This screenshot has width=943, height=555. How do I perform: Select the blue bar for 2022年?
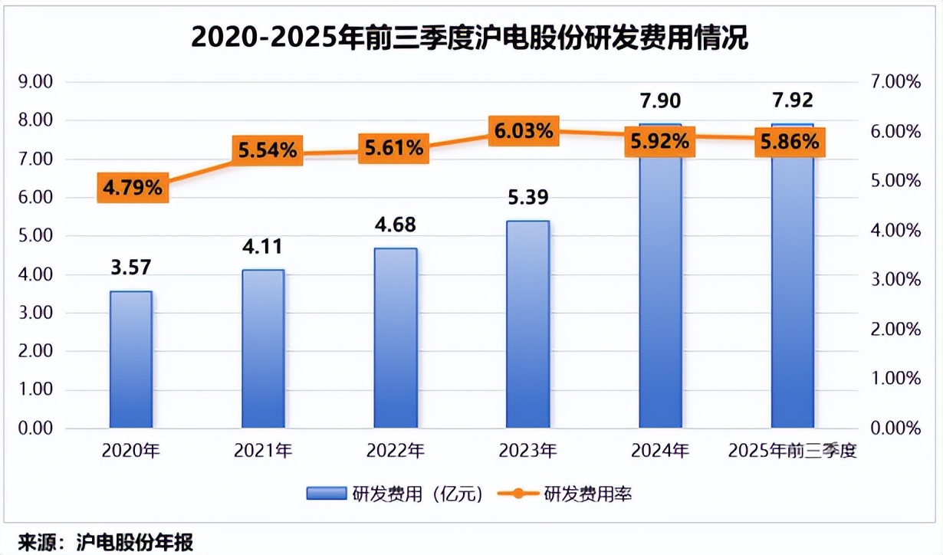click(x=396, y=337)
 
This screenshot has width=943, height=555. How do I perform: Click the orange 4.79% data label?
click(x=131, y=188)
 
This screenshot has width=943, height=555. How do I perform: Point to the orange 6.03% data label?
click(x=524, y=131)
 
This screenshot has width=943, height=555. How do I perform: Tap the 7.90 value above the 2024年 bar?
click(x=659, y=101)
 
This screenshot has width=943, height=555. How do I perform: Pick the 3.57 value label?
click(x=130, y=268)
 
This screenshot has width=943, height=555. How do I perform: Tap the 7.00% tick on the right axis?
click(x=896, y=82)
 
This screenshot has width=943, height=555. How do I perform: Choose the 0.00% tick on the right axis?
click(x=896, y=428)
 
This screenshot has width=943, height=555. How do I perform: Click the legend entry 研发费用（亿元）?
click(x=396, y=494)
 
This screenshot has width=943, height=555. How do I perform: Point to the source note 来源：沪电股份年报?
click(x=106, y=542)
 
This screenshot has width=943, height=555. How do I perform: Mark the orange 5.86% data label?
click(x=789, y=142)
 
